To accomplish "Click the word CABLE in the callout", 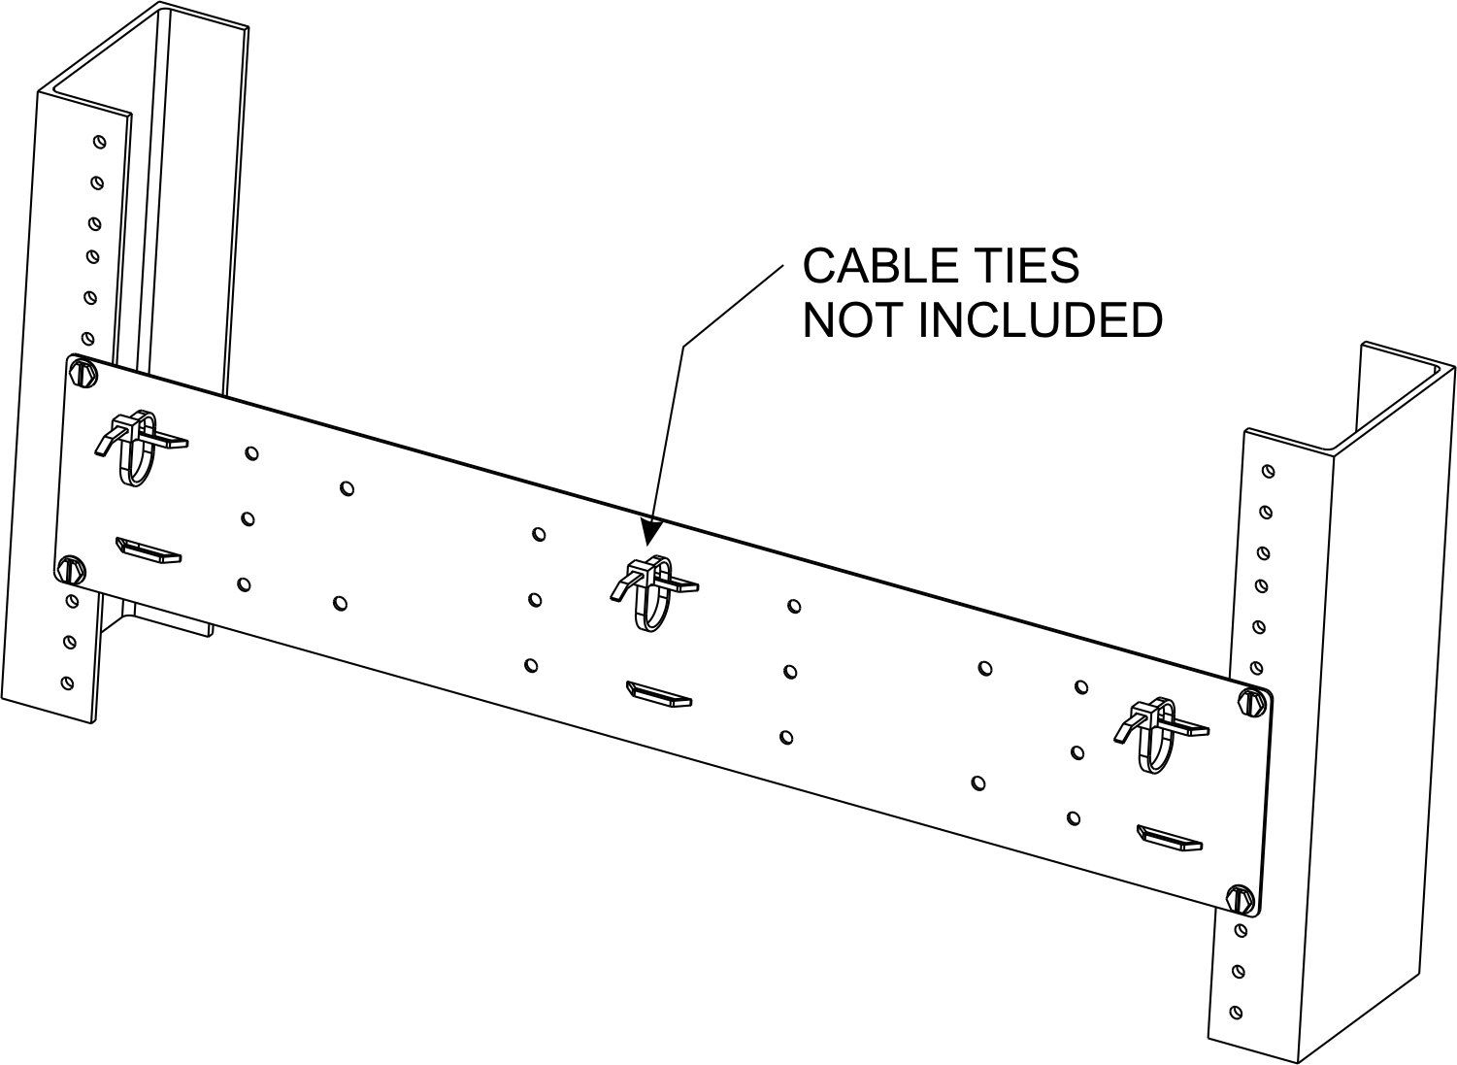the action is tap(875, 265).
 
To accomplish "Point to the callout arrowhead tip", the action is tap(646, 544).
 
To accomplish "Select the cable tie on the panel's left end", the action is tap(138, 448).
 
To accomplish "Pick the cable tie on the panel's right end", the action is tap(1159, 735).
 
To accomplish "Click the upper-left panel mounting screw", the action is tap(83, 373).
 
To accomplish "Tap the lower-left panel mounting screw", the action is tap(71, 570).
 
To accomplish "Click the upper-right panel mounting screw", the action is tap(1251, 702).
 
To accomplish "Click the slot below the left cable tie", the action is tap(148, 549).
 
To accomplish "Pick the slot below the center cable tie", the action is tap(658, 693).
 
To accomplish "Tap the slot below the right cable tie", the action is tap(1169, 838).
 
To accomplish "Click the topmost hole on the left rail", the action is tap(100, 142).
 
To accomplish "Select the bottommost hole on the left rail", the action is tap(67, 683).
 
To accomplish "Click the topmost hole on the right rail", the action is tap(1268, 471).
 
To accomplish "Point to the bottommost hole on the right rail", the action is tap(1237, 1013).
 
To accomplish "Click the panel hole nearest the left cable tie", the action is tap(251, 453).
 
